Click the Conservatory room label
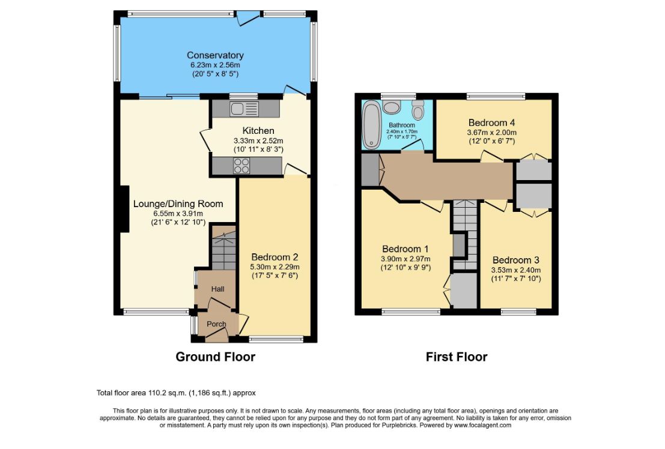[x=215, y=55]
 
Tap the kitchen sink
[x=244, y=109]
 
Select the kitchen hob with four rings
[x=241, y=165]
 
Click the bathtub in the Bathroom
[x=372, y=125]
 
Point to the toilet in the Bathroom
[x=418, y=110]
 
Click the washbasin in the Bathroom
[x=390, y=106]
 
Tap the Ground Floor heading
[x=216, y=357]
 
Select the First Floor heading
[x=457, y=357]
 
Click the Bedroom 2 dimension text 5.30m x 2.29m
[x=275, y=267]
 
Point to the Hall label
[x=217, y=289]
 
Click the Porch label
[x=216, y=324]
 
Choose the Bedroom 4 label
[x=491, y=122]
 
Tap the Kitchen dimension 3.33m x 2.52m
[x=258, y=140]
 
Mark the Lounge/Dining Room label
[x=178, y=203]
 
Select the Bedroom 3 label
[x=515, y=260]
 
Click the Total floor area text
[x=176, y=393]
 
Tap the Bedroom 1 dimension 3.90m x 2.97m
[x=405, y=259]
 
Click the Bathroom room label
[x=402, y=125]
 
